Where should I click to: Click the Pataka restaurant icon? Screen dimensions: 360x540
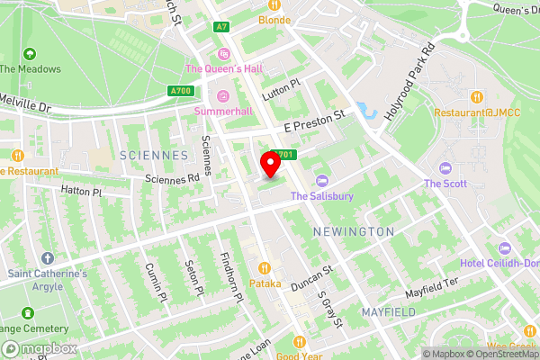(265, 267)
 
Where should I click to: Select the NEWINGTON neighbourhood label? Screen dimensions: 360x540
(353, 232)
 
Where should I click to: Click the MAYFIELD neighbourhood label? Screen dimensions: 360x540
(389, 311)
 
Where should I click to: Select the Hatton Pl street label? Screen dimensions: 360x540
(82, 192)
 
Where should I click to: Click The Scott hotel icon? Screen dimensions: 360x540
(445, 169)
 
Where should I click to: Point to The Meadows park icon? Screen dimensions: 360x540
(30, 55)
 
